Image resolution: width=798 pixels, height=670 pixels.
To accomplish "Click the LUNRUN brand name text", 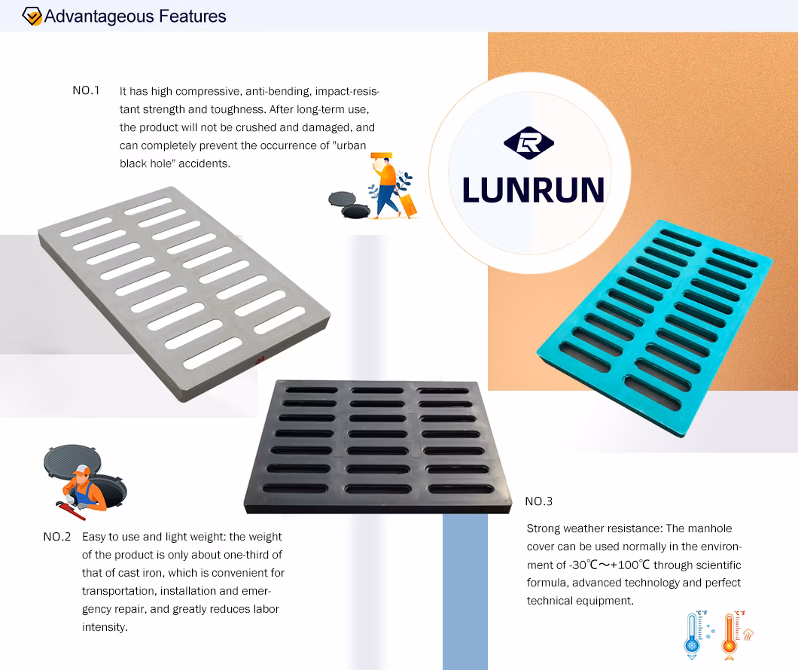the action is coord(533,190).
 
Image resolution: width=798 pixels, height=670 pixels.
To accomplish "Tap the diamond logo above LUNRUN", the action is coord(528,143).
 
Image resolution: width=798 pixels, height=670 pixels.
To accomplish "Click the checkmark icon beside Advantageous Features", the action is coord(32,17).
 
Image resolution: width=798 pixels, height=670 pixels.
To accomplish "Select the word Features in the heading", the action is coord(193,17).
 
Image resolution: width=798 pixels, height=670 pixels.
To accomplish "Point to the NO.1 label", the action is coord(86,90).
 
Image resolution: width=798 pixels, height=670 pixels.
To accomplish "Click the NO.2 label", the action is coord(57,537).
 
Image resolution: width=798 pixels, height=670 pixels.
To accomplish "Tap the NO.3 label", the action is coord(539,501).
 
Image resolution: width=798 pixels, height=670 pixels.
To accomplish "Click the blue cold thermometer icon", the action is coord(698,635).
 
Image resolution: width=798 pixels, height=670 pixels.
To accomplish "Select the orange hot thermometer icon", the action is coord(736,635).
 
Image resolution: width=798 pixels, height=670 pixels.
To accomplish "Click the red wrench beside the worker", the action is coord(70,510).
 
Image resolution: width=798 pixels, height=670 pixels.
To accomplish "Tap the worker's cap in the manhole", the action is coord(81,470).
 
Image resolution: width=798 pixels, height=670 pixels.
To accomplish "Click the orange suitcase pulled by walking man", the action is coord(408,205).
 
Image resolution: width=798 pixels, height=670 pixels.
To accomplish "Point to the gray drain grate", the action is coord(184,294).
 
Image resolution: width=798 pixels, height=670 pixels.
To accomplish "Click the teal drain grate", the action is coord(655,327).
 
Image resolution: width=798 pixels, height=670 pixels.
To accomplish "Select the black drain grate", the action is coord(378,446).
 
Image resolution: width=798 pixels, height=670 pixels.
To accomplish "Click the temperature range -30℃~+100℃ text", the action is coord(610,565).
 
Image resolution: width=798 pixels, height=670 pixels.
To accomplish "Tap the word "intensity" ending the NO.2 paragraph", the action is coord(104,627).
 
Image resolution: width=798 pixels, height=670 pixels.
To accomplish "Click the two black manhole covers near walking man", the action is coord(349,205).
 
